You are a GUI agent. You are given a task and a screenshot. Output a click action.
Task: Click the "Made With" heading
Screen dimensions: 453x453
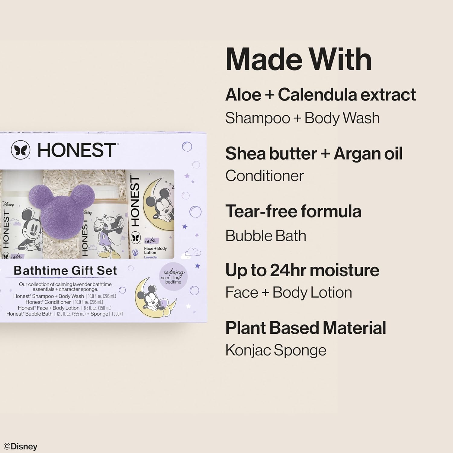(x=298, y=59)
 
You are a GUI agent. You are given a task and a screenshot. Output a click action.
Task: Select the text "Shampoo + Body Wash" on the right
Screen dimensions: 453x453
(x=302, y=118)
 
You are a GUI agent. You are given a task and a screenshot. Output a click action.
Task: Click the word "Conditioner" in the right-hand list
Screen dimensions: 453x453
(x=265, y=176)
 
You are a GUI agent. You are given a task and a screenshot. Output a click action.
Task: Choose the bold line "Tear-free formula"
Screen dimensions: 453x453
(x=293, y=211)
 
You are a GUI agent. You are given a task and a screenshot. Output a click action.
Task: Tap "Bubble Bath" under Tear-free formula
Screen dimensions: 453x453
(x=266, y=236)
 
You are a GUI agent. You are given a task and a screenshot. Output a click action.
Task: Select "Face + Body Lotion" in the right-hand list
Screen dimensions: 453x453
(x=289, y=293)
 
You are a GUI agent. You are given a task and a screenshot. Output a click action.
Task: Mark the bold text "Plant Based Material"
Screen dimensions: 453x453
(x=306, y=328)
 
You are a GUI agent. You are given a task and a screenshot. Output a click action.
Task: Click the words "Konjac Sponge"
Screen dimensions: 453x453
(x=276, y=351)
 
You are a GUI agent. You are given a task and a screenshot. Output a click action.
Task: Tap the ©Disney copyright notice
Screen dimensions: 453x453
(x=21, y=447)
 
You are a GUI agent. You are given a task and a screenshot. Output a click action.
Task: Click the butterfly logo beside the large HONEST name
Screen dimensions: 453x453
(x=21, y=150)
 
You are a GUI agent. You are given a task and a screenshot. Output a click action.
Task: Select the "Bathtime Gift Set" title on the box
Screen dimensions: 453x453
(x=65, y=271)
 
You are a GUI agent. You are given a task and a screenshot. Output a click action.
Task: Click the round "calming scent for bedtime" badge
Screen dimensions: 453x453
(x=173, y=276)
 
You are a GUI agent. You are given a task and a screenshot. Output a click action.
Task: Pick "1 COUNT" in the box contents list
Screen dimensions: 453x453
(x=117, y=314)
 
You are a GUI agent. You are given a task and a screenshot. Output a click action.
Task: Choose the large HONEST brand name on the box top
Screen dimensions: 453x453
(x=76, y=150)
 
